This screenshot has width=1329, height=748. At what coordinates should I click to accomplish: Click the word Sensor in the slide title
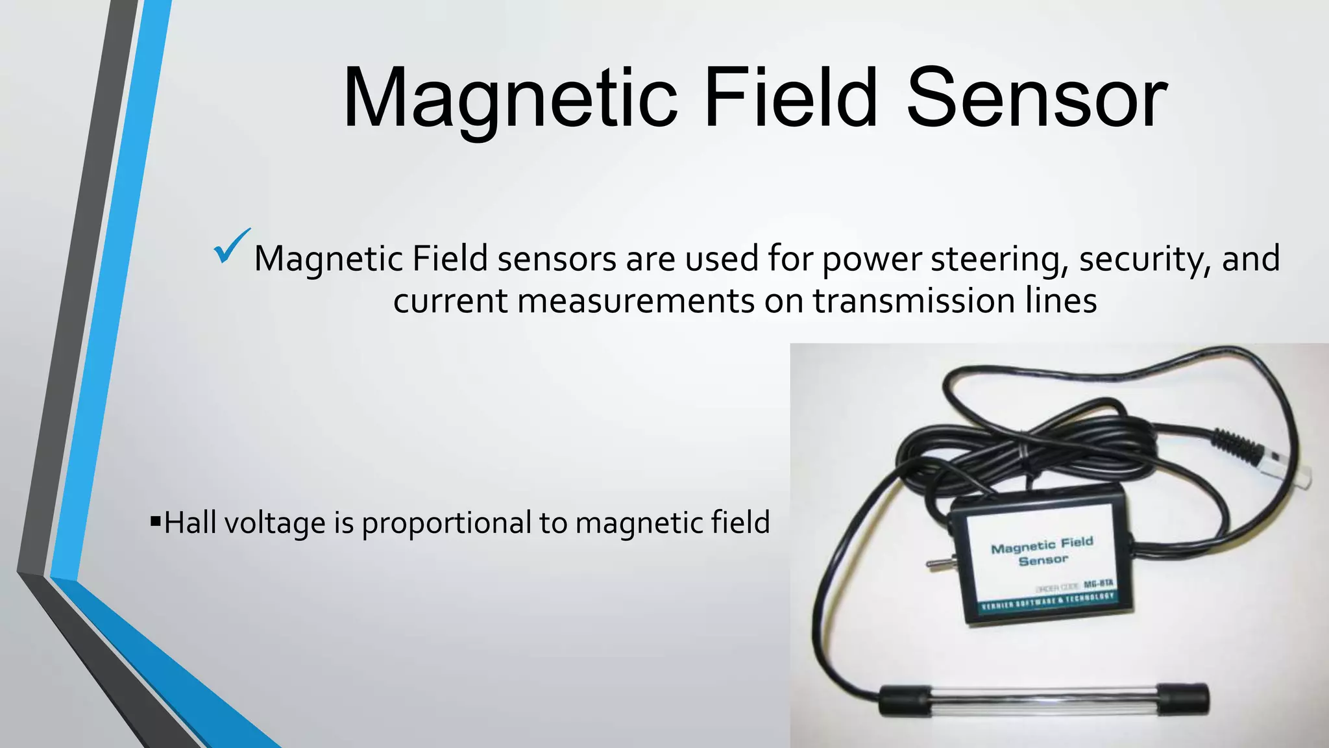(x=1036, y=99)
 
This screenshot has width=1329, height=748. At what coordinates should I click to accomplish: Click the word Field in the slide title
(x=790, y=99)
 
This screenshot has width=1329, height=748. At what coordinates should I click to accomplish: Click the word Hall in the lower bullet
(x=189, y=523)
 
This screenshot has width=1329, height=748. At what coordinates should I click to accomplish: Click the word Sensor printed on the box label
(x=1043, y=560)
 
